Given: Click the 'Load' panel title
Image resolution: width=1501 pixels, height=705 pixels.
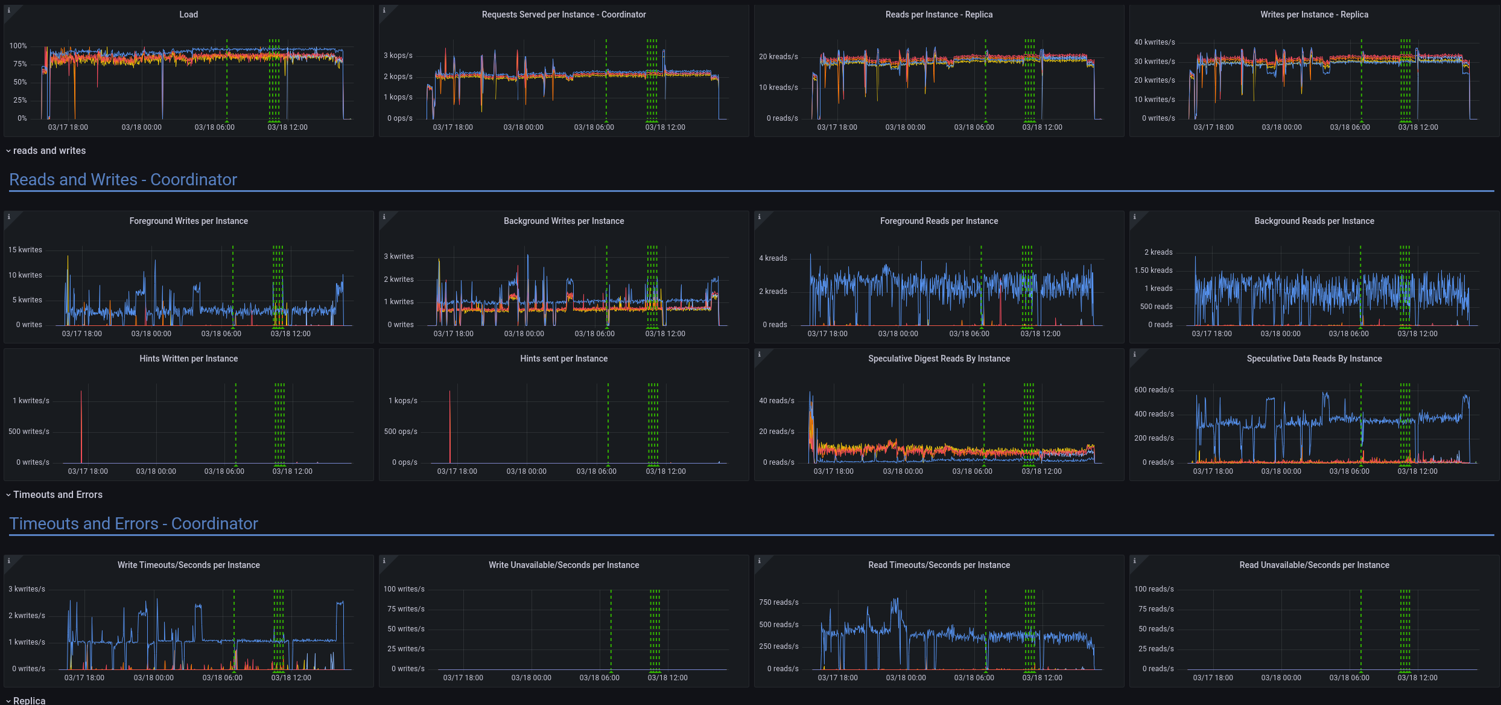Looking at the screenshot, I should tap(188, 14).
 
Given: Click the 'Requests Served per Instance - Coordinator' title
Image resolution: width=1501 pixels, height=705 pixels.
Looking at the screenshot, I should tap(563, 14).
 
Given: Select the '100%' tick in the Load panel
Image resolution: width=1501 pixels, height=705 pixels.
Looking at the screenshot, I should tap(18, 46).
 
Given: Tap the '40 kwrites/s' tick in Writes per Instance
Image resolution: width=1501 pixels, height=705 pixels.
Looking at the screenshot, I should tap(1154, 42).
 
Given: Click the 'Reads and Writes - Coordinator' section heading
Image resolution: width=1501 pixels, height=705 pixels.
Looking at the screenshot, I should tap(123, 180).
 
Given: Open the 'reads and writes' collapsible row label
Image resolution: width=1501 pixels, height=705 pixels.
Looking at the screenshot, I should tap(49, 151).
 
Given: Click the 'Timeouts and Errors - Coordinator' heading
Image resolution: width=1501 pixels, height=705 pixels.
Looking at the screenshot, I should tap(133, 524).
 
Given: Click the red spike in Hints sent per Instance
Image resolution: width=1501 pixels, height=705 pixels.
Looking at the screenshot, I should tap(449, 423).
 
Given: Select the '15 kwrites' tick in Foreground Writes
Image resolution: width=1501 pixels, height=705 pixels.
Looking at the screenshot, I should tap(25, 250).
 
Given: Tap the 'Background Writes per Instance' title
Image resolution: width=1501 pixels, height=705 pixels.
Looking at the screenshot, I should tap(563, 221).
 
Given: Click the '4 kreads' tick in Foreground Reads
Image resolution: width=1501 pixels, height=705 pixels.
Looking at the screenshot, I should tap(773, 258).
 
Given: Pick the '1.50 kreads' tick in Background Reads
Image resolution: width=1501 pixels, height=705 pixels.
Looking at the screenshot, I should tap(1153, 270).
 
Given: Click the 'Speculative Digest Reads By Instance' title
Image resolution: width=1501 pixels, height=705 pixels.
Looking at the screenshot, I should tap(939, 359).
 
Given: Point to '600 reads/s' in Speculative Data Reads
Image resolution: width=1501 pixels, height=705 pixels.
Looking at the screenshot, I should tap(1154, 390).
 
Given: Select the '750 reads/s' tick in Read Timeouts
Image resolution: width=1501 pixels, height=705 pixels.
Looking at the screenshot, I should tap(778, 602).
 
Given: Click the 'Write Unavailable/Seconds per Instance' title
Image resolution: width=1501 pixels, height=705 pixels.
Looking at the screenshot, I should tap(563, 565).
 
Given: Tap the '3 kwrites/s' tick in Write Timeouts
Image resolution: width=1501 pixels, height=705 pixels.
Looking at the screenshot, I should tap(27, 589).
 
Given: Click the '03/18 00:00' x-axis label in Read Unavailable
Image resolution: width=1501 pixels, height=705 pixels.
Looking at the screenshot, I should tap(1281, 678).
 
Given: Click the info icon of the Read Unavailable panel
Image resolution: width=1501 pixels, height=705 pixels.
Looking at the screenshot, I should tap(1134, 561).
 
